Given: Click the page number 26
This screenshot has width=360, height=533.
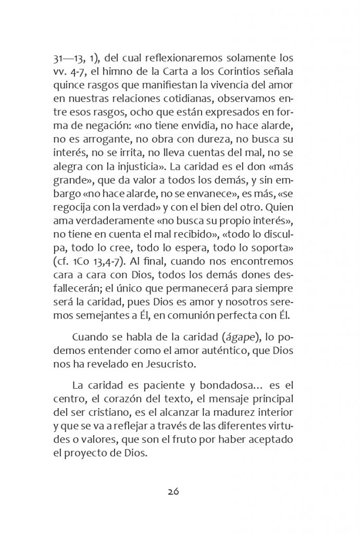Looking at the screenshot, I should point(173,491).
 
